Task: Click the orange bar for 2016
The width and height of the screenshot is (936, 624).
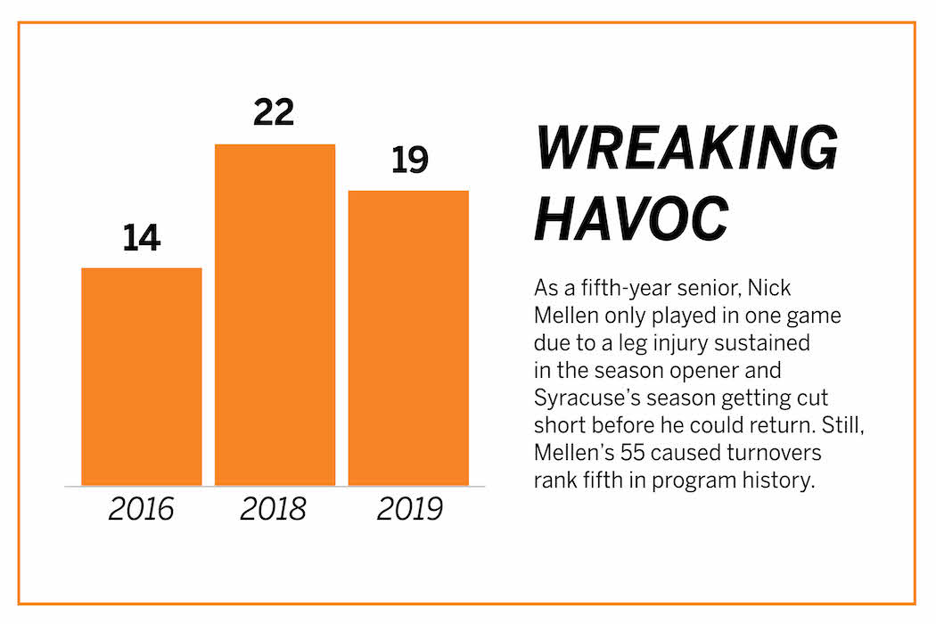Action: click(x=141, y=376)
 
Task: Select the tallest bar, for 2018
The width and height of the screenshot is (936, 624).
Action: click(x=275, y=315)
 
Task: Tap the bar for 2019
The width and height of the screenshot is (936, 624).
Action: click(x=408, y=338)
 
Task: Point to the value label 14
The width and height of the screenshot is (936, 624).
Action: click(x=141, y=239)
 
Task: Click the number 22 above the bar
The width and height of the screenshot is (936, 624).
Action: click(x=274, y=114)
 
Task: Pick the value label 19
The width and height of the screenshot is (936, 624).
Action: click(x=409, y=160)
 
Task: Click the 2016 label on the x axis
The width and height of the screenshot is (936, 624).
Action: click(x=141, y=509)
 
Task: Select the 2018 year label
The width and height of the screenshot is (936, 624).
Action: click(x=274, y=509)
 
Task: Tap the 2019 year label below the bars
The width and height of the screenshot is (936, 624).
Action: click(x=409, y=509)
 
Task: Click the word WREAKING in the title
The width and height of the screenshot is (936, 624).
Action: click(x=686, y=148)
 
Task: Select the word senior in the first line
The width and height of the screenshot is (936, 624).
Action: click(x=710, y=289)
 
